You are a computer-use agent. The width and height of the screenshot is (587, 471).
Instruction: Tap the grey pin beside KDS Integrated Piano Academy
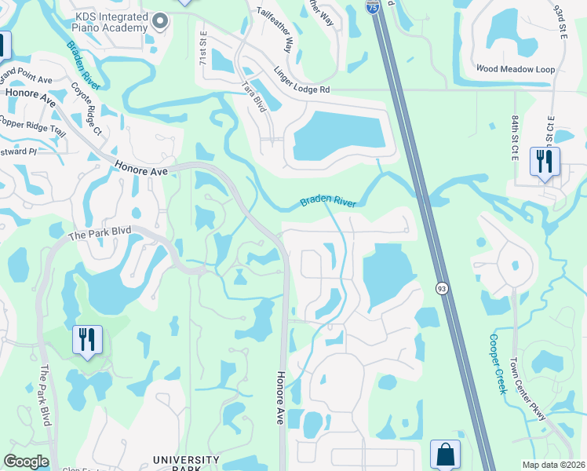click(x=161, y=21)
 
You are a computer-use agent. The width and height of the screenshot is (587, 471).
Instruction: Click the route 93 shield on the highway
click(x=442, y=289)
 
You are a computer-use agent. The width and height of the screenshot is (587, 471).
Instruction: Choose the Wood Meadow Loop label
click(x=515, y=69)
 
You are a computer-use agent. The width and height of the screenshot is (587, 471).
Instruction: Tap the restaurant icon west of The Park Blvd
click(x=86, y=340)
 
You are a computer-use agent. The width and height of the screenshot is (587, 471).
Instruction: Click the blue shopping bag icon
click(x=445, y=455)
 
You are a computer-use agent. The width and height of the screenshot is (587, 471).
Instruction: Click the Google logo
click(x=26, y=462)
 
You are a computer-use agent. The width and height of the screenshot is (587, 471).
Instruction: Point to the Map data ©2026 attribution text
click(x=553, y=465)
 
